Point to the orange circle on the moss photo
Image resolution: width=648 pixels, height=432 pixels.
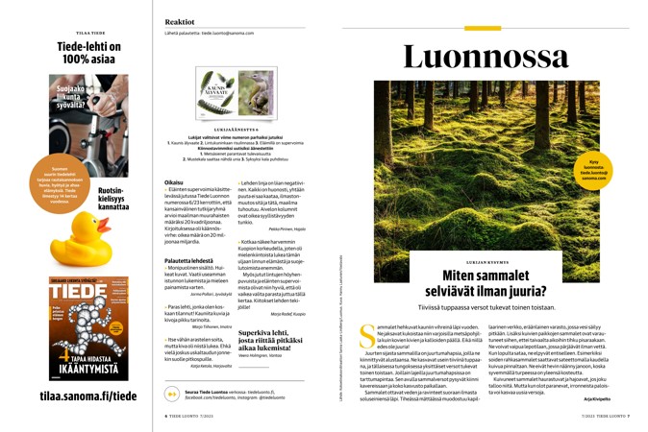point(594,168)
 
